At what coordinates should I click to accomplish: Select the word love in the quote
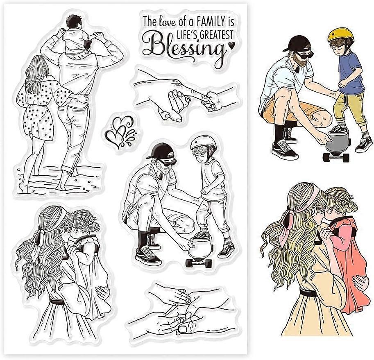click(x=168, y=19)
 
